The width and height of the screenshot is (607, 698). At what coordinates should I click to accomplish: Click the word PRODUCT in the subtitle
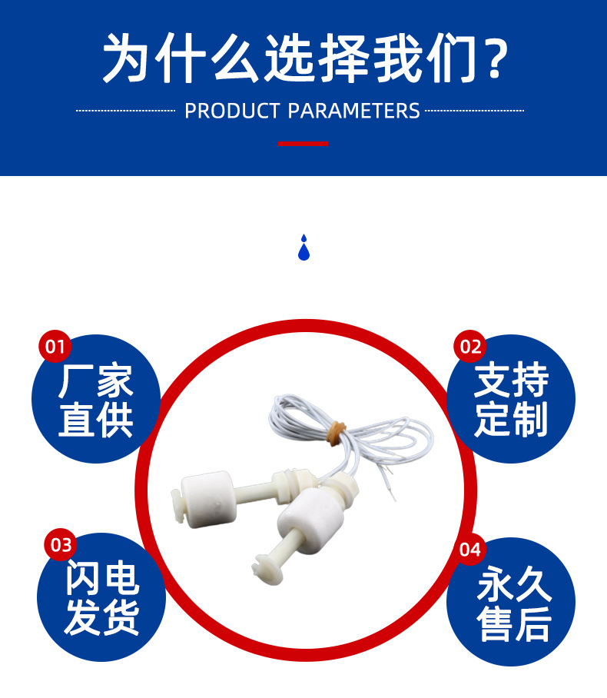[233, 111]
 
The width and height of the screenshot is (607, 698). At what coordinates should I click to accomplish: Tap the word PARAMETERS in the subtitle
[354, 111]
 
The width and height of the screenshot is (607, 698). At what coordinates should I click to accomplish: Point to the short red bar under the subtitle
[303, 143]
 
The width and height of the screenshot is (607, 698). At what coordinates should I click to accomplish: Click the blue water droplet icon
[303, 248]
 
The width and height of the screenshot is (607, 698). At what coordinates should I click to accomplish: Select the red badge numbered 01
[55, 347]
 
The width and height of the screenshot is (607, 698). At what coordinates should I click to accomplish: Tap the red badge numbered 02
[470, 347]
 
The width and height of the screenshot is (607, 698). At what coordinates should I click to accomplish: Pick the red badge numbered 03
[60, 545]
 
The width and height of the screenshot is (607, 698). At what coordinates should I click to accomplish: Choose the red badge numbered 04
[470, 550]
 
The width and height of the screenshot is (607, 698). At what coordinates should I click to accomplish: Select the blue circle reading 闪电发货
[101, 599]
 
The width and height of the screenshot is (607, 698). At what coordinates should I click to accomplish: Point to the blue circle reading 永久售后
[511, 603]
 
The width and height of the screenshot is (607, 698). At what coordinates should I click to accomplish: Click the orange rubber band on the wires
[335, 433]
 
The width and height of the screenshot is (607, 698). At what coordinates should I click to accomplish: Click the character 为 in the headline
[128, 58]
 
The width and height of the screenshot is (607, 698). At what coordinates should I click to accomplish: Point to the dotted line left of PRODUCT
[126, 111]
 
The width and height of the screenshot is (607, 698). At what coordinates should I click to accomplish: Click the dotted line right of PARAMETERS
[474, 111]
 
